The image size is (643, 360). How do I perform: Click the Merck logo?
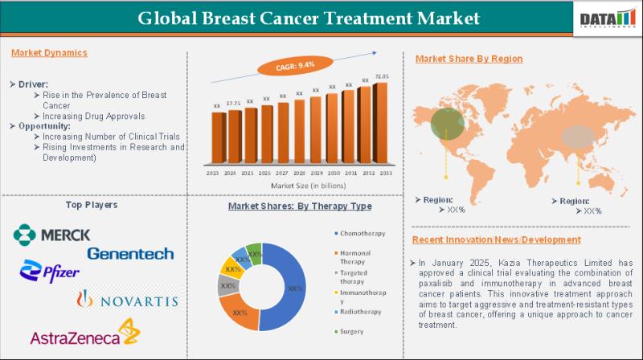tap(51, 235)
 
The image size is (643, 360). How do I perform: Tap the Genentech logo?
tap(130, 254)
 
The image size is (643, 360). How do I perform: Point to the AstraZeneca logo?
tap(84, 333)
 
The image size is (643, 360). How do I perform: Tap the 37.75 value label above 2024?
tap(233, 104)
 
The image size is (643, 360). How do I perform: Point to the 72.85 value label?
tap(381, 76)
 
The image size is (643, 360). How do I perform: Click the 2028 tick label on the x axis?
tap(299, 174)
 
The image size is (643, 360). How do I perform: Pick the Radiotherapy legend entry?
tap(359, 310)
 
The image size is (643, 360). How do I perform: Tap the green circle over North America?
tap(447, 123)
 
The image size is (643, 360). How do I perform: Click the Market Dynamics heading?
tap(50, 53)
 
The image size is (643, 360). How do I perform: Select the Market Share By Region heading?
tap(469, 59)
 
